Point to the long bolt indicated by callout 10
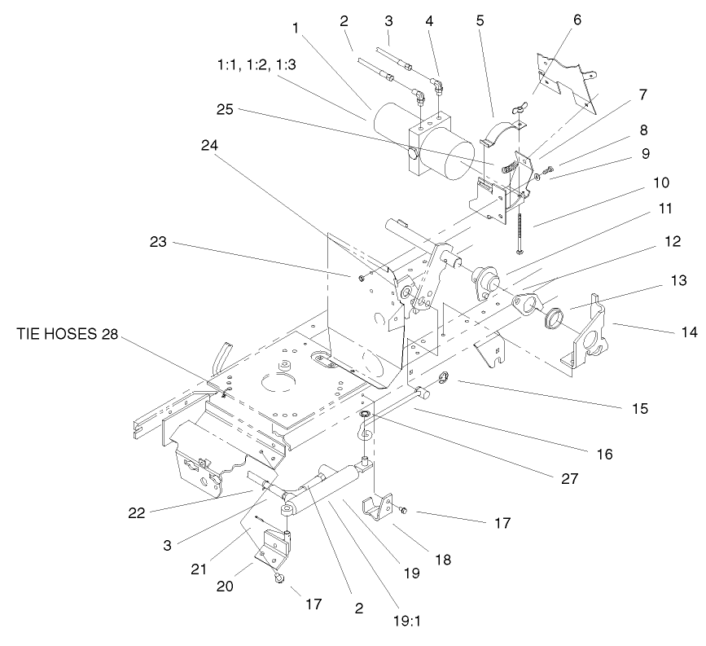coord(518,220)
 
